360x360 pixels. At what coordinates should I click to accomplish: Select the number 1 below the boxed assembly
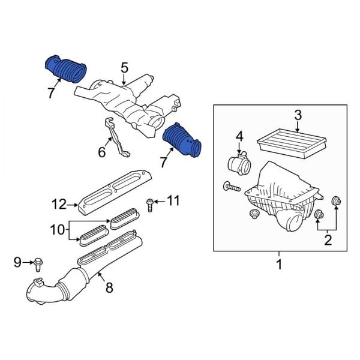[278, 263]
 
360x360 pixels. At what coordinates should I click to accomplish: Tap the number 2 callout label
[327, 241]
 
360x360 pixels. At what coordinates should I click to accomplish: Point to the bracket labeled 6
[116, 139]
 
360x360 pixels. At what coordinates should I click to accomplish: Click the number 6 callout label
[101, 153]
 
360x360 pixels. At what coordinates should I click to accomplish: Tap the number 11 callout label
[172, 201]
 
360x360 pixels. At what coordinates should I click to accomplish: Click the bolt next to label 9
[39, 262]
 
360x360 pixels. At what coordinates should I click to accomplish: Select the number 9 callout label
[17, 262]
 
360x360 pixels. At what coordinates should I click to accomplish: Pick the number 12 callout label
[58, 204]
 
